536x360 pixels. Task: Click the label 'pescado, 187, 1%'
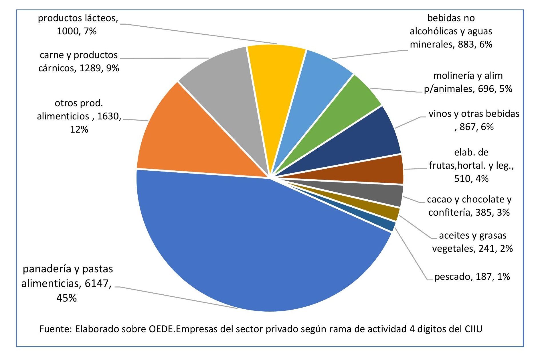point(472,277)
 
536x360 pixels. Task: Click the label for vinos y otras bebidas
point(474,120)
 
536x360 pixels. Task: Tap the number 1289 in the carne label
point(90,68)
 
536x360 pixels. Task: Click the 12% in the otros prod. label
point(79,129)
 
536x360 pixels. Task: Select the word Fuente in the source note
point(55,329)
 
